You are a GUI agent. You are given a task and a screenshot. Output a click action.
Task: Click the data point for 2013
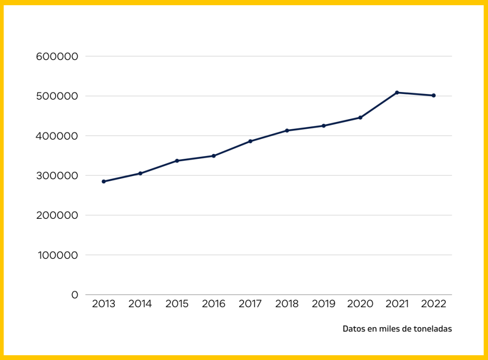click(103, 182)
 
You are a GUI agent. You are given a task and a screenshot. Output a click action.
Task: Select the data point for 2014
click(140, 174)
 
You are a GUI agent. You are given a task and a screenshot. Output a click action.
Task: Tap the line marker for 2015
click(177, 161)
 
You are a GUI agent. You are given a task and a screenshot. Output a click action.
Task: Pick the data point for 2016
click(213, 156)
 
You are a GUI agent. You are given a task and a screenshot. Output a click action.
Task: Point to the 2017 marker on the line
click(250, 141)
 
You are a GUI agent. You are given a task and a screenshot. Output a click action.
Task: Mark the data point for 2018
click(287, 131)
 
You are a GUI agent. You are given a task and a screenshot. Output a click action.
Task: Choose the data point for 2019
click(324, 126)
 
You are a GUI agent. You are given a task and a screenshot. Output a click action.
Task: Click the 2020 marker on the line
click(360, 117)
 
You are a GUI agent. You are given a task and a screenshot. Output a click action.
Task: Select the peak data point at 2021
click(397, 93)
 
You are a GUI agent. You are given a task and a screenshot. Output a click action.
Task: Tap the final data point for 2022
click(434, 95)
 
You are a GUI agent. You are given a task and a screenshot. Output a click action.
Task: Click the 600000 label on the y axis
click(57, 56)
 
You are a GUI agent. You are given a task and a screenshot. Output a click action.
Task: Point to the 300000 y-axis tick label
click(57, 175)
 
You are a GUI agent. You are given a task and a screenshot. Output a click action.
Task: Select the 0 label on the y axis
click(74, 295)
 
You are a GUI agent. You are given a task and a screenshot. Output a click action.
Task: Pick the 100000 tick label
click(57, 255)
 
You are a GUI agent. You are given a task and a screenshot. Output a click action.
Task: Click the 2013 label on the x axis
click(103, 304)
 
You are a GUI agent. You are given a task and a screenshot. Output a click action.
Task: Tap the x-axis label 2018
click(287, 304)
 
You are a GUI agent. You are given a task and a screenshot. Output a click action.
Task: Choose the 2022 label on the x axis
click(434, 304)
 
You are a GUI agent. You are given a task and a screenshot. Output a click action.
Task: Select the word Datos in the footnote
click(353, 329)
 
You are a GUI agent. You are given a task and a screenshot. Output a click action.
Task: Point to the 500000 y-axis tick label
click(57, 96)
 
